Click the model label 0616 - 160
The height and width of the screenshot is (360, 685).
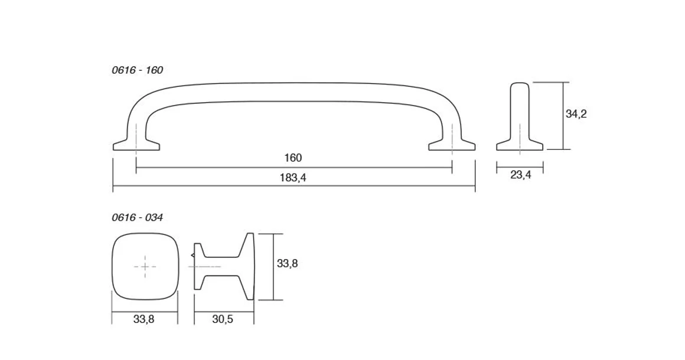click(137, 70)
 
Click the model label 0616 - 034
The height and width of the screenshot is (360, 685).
click(137, 217)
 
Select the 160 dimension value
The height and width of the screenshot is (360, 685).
click(293, 158)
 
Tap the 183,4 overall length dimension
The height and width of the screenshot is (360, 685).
click(293, 178)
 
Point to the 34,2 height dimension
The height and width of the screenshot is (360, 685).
click(576, 114)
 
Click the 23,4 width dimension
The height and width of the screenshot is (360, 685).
click(520, 175)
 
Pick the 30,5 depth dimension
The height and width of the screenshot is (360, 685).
click(223, 319)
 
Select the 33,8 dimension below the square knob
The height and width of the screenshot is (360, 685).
click(143, 319)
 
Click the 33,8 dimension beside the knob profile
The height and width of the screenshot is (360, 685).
click(287, 264)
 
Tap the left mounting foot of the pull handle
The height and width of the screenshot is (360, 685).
click(136, 146)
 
